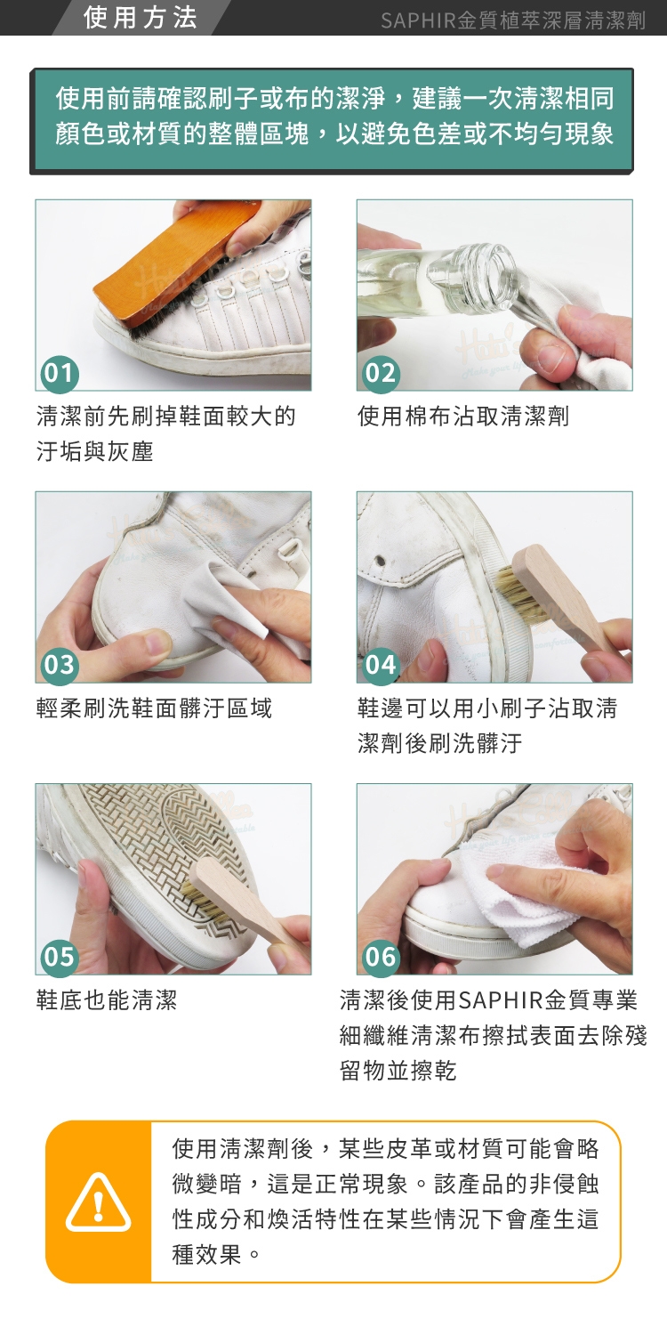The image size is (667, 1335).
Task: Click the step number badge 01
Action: click(x=59, y=373)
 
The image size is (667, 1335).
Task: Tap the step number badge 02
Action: click(x=381, y=373)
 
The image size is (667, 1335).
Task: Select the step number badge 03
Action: click(x=59, y=665)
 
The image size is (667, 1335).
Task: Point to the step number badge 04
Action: click(x=381, y=665)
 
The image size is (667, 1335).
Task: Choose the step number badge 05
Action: click(x=59, y=957)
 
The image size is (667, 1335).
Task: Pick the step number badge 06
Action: click(x=381, y=957)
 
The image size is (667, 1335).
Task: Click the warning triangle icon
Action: click(x=98, y=1202)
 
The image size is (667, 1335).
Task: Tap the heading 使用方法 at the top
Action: click(x=141, y=17)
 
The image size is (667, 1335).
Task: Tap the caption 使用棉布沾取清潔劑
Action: click(x=463, y=416)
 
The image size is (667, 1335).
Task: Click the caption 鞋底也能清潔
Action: click(x=107, y=1000)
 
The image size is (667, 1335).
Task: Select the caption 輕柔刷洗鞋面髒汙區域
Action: click(x=154, y=708)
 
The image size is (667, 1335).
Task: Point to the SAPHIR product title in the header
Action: click(x=513, y=20)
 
